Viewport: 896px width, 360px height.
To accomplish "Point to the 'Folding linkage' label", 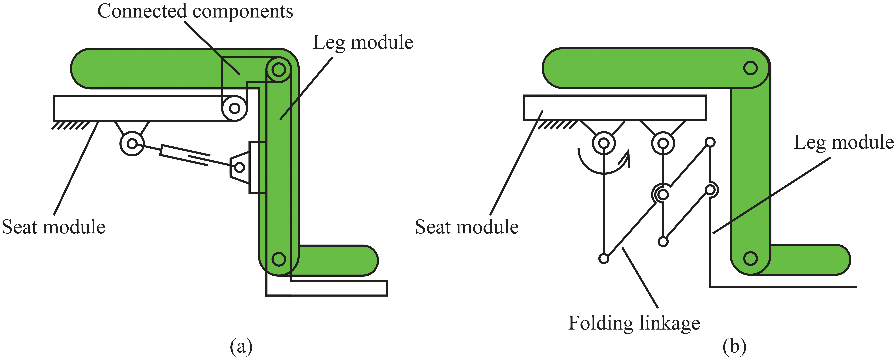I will (x=634, y=323).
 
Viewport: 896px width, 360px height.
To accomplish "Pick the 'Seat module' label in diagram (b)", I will (x=467, y=227).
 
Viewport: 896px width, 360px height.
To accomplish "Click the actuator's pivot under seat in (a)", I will (x=132, y=143).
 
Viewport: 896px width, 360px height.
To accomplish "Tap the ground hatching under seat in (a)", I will (x=70, y=125).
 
